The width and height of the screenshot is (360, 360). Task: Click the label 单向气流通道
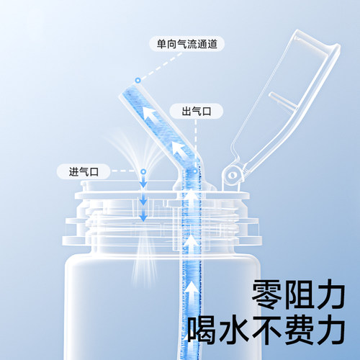(x=186, y=44)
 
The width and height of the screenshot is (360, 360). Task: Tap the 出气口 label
(x=191, y=112)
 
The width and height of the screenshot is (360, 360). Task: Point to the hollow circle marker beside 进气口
(x=143, y=171)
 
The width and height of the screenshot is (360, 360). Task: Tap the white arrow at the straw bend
(x=179, y=150)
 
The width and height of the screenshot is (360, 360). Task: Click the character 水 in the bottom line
(x=238, y=330)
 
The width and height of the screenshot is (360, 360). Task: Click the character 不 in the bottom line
(x=271, y=330)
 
